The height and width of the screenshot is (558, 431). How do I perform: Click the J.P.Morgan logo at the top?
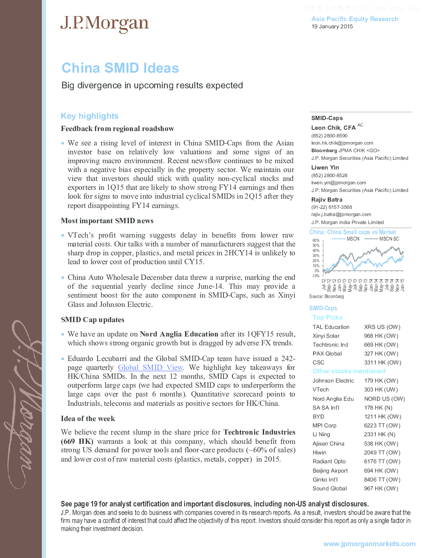pyautogui.click(x=104, y=24)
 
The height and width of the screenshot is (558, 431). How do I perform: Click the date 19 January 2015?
pyautogui.click(x=332, y=27)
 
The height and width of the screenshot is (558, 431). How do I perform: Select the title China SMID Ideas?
pyautogui.click(x=120, y=68)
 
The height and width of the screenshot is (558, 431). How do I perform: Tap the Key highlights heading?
pyautogui.click(x=90, y=116)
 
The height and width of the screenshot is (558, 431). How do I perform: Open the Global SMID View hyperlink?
pyautogui.click(x=150, y=368)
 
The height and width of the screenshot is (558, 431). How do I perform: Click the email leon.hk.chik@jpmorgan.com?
pyautogui.click(x=342, y=143)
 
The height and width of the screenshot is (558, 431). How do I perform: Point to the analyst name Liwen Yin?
pyautogui.click(x=325, y=168)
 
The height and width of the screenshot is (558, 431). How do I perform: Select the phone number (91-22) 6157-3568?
pyautogui.click(x=332, y=207)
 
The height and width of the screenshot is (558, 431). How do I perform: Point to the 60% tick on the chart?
pyautogui.click(x=316, y=241)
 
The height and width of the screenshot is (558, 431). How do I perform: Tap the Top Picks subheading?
pyautogui.click(x=327, y=317)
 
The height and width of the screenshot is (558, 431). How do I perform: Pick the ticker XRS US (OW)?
pyautogui.click(x=382, y=327)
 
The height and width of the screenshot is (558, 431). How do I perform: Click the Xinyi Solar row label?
pyautogui.click(x=326, y=336)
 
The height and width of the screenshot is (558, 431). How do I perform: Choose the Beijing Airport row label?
pyautogui.click(x=330, y=471)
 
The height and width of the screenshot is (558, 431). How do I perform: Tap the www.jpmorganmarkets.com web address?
pyautogui.click(x=369, y=544)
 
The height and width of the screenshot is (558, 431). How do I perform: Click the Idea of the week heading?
pyautogui.click(x=88, y=419)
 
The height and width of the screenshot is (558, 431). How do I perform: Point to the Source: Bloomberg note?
pyautogui.click(x=326, y=297)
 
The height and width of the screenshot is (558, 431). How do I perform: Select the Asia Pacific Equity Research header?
pyautogui.click(x=355, y=19)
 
